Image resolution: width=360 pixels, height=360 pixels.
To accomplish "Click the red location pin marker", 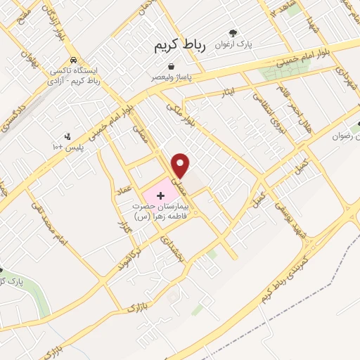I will [x=181, y=165].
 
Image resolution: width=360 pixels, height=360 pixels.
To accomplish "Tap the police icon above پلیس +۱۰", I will [x=67, y=136].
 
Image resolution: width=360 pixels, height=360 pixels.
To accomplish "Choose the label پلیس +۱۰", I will [x=67, y=147].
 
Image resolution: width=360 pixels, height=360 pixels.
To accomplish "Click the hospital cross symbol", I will [x=160, y=193].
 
